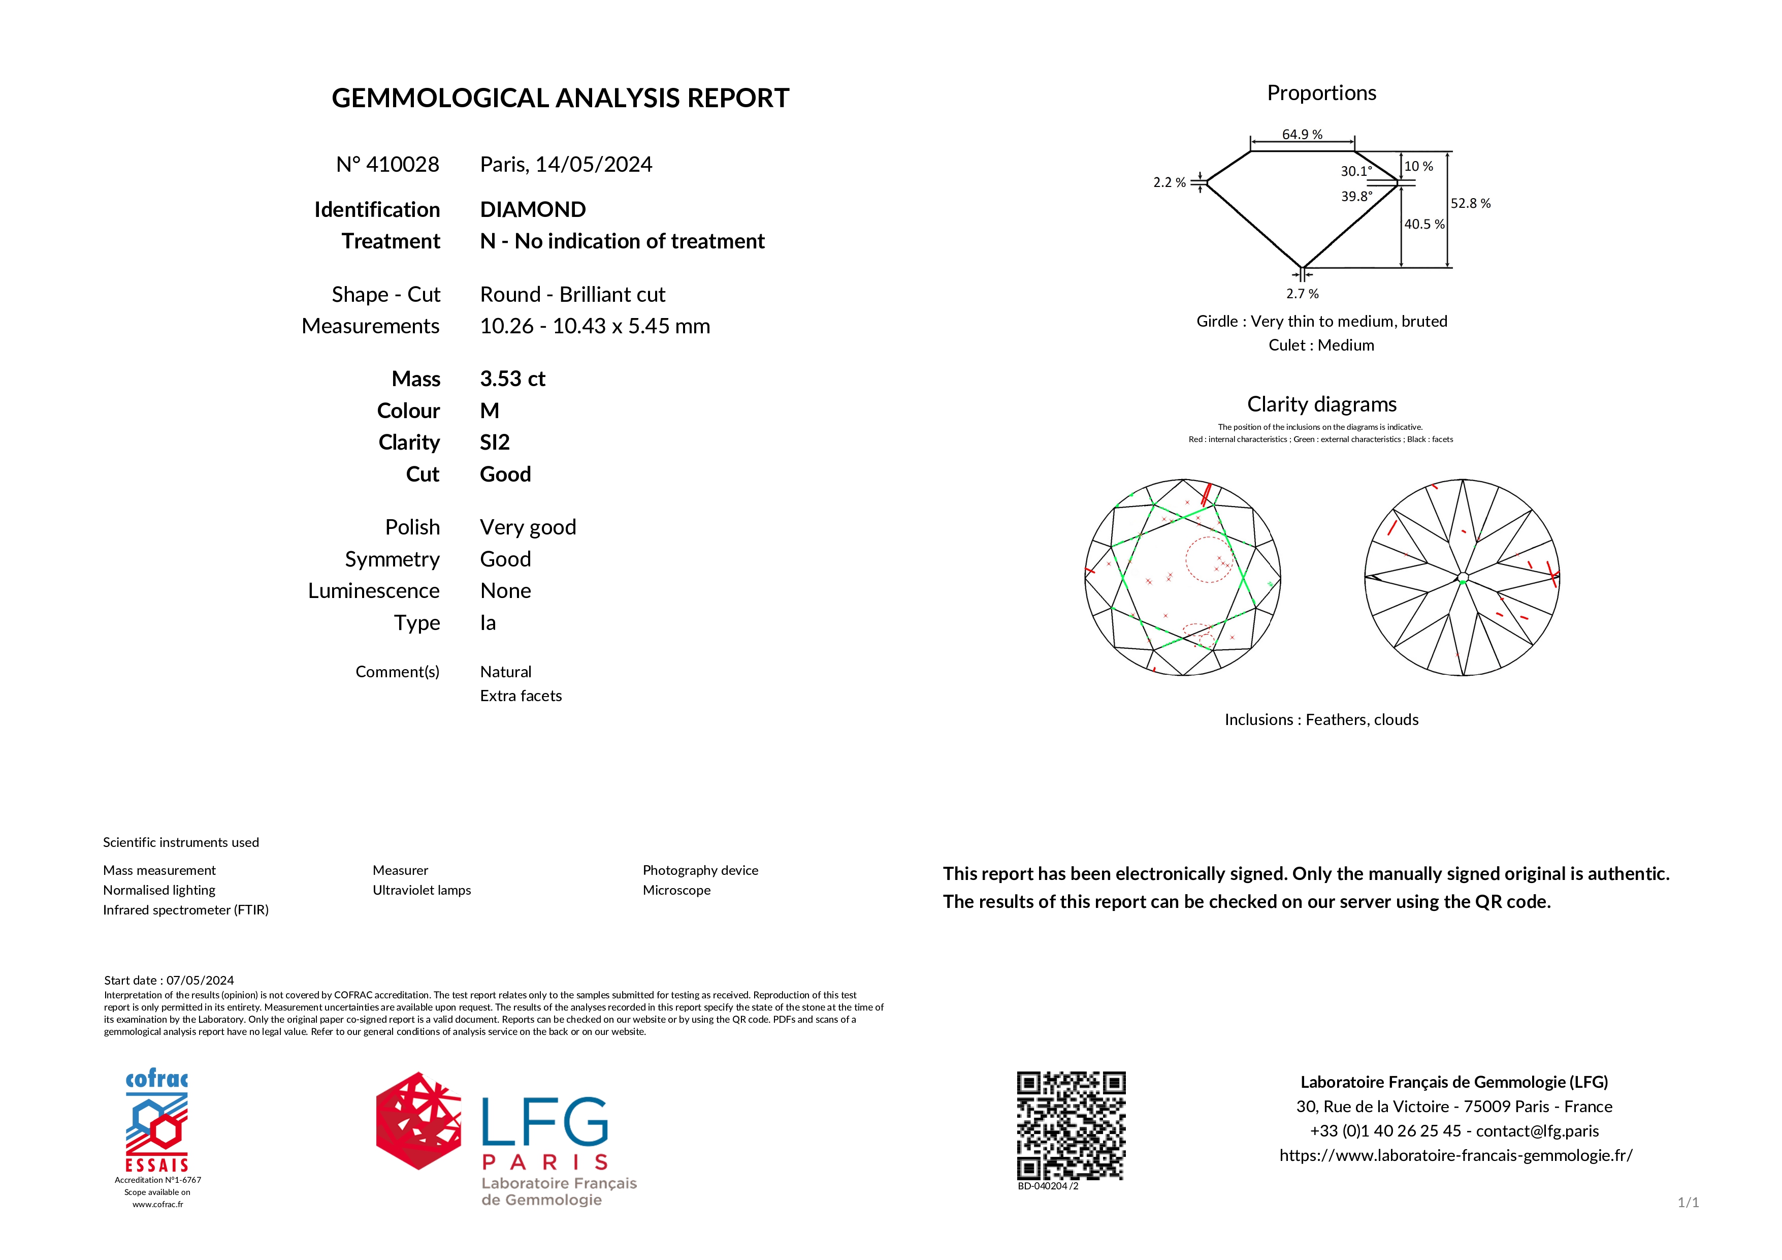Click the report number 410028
pyautogui.click(x=402, y=165)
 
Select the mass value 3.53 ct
pyautogui.click(x=512, y=379)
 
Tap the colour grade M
pyautogui.click(x=490, y=411)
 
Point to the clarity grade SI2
pyautogui.click(x=495, y=443)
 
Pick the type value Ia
pyautogui.click(x=488, y=622)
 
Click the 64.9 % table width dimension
pyautogui.click(x=1302, y=134)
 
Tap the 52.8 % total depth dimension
pyautogui.click(x=1470, y=203)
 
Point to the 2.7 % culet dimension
pyautogui.click(x=1302, y=294)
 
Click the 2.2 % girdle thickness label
pyautogui.click(x=1169, y=182)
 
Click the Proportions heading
pyautogui.click(x=1321, y=93)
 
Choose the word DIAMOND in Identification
pyautogui.click(x=532, y=210)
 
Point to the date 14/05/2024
pyautogui.click(x=594, y=165)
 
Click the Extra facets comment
pyautogui.click(x=520, y=696)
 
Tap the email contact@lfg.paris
pyautogui.click(x=1537, y=1131)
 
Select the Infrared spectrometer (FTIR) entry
pyautogui.click(x=185, y=910)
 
